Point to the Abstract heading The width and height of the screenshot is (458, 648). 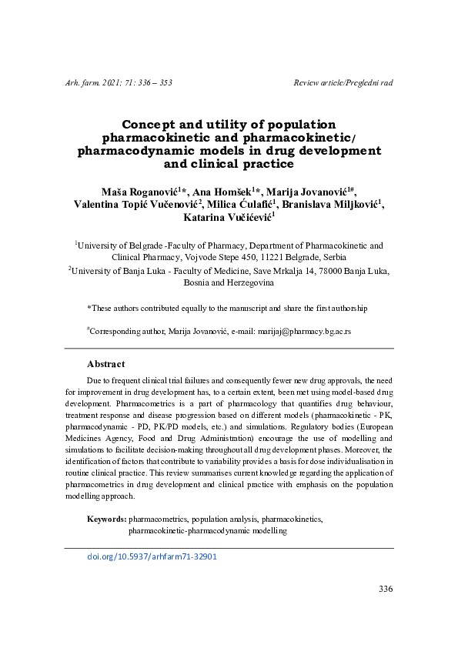(106, 364)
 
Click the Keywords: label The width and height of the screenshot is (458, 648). (107, 519)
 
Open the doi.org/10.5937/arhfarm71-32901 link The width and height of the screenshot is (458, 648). (152, 556)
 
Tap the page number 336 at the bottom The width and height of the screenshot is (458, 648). (386, 589)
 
